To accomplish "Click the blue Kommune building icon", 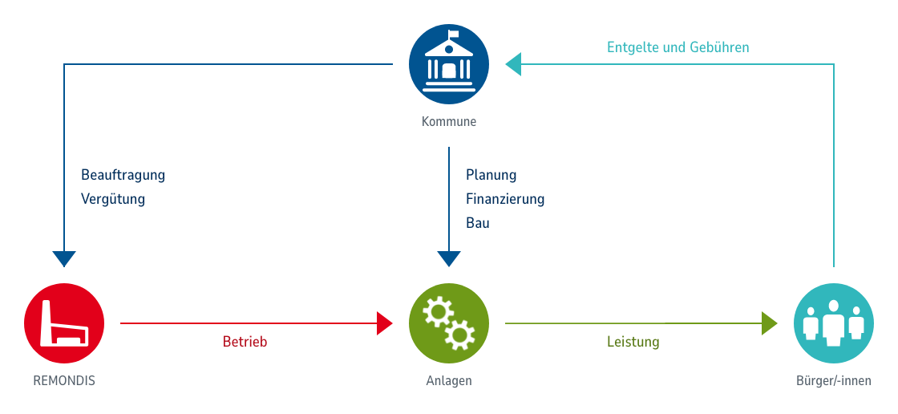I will coord(449,63).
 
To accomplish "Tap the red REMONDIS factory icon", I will coord(64,323).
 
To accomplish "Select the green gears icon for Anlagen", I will coord(449,323).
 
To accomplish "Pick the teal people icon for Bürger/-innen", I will coord(834,323).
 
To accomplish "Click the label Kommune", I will coord(449,122).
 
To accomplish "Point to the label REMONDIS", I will coord(64,380).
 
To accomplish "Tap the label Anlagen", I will coord(449,380).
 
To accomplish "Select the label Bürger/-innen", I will coord(834,380).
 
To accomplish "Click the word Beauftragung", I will coord(123,175).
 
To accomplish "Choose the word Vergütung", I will coord(113,199).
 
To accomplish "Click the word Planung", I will coord(491,175).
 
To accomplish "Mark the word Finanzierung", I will coord(505,199).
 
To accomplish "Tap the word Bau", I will coord(478,223).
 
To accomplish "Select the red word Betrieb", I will coord(245,342).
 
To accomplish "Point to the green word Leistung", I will coord(633,342).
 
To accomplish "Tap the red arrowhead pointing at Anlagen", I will coord(385,323).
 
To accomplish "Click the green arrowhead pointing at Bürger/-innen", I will coord(770,323).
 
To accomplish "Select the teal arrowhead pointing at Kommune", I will coord(513,64).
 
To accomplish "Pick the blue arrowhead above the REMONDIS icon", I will coord(64,258).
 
